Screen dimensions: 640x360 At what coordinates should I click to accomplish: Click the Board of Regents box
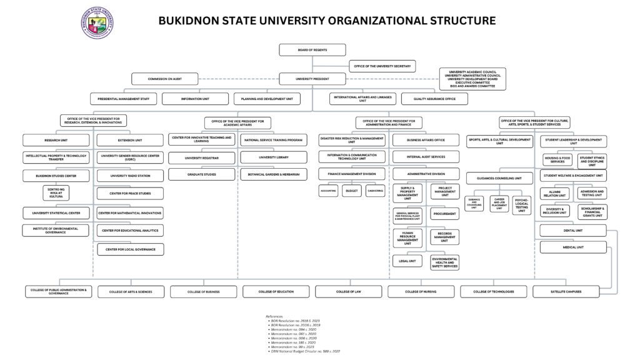pos(303,50)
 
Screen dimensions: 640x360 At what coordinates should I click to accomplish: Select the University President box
pos(312,79)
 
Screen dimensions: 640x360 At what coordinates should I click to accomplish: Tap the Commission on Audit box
pos(164,79)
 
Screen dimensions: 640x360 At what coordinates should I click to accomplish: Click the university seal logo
pos(97,22)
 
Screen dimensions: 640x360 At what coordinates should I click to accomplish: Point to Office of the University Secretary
pos(382,66)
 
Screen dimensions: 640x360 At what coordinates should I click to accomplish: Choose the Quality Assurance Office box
pos(434,99)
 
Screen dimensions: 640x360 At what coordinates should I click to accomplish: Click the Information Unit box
pos(195,99)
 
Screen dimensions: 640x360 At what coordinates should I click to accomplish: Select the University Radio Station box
pos(130,176)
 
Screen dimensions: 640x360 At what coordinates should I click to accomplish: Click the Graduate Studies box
pos(201,174)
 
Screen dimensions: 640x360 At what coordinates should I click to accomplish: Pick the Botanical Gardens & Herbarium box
pos(274,174)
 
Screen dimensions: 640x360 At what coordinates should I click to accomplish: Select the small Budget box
pos(351,191)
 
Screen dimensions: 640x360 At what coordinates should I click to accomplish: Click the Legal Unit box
pos(407,261)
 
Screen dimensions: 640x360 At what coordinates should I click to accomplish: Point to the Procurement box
pos(445,214)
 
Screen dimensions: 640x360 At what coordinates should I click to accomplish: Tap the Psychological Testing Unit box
pos(522,204)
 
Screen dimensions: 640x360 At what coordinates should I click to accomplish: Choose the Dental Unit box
pos(573,231)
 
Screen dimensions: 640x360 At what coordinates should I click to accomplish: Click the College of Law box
pos(348,292)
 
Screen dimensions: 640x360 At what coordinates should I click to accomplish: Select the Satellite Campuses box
pos(566,292)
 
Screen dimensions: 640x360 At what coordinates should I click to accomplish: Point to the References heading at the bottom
pos(274,317)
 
